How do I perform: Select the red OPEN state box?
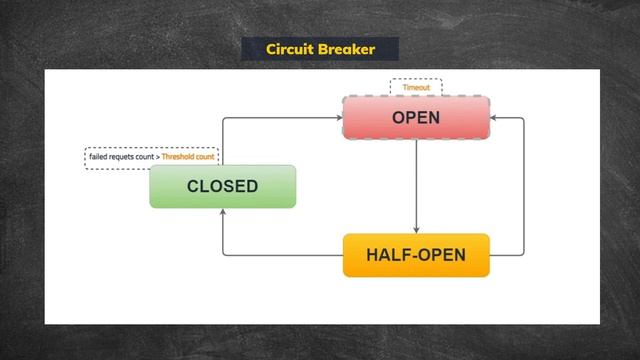416,118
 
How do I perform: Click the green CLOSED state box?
222,186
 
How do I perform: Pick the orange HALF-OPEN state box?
416,255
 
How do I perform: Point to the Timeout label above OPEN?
416,88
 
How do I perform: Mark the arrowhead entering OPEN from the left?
338,118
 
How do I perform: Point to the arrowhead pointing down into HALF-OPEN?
416,230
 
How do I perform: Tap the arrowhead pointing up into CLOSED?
222,212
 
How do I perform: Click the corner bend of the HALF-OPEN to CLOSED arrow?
222,256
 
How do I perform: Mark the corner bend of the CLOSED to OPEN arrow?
222,118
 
